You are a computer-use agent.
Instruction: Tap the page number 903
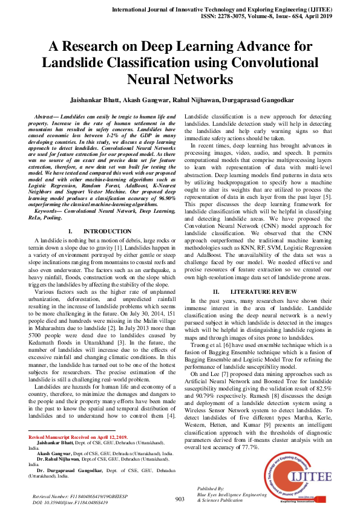(x=180, y=499)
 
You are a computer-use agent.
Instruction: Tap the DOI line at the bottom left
(x=70, y=502)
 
